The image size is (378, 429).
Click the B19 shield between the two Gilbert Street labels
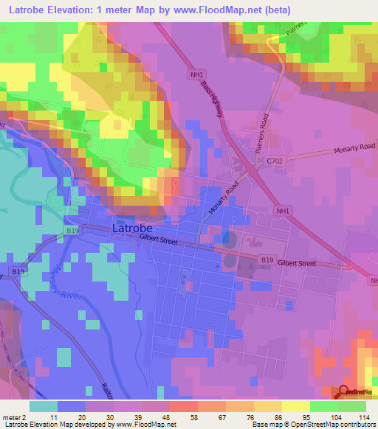click(267, 259)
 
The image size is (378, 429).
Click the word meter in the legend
click(12, 417)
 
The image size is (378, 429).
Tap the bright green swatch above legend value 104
click(324, 407)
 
